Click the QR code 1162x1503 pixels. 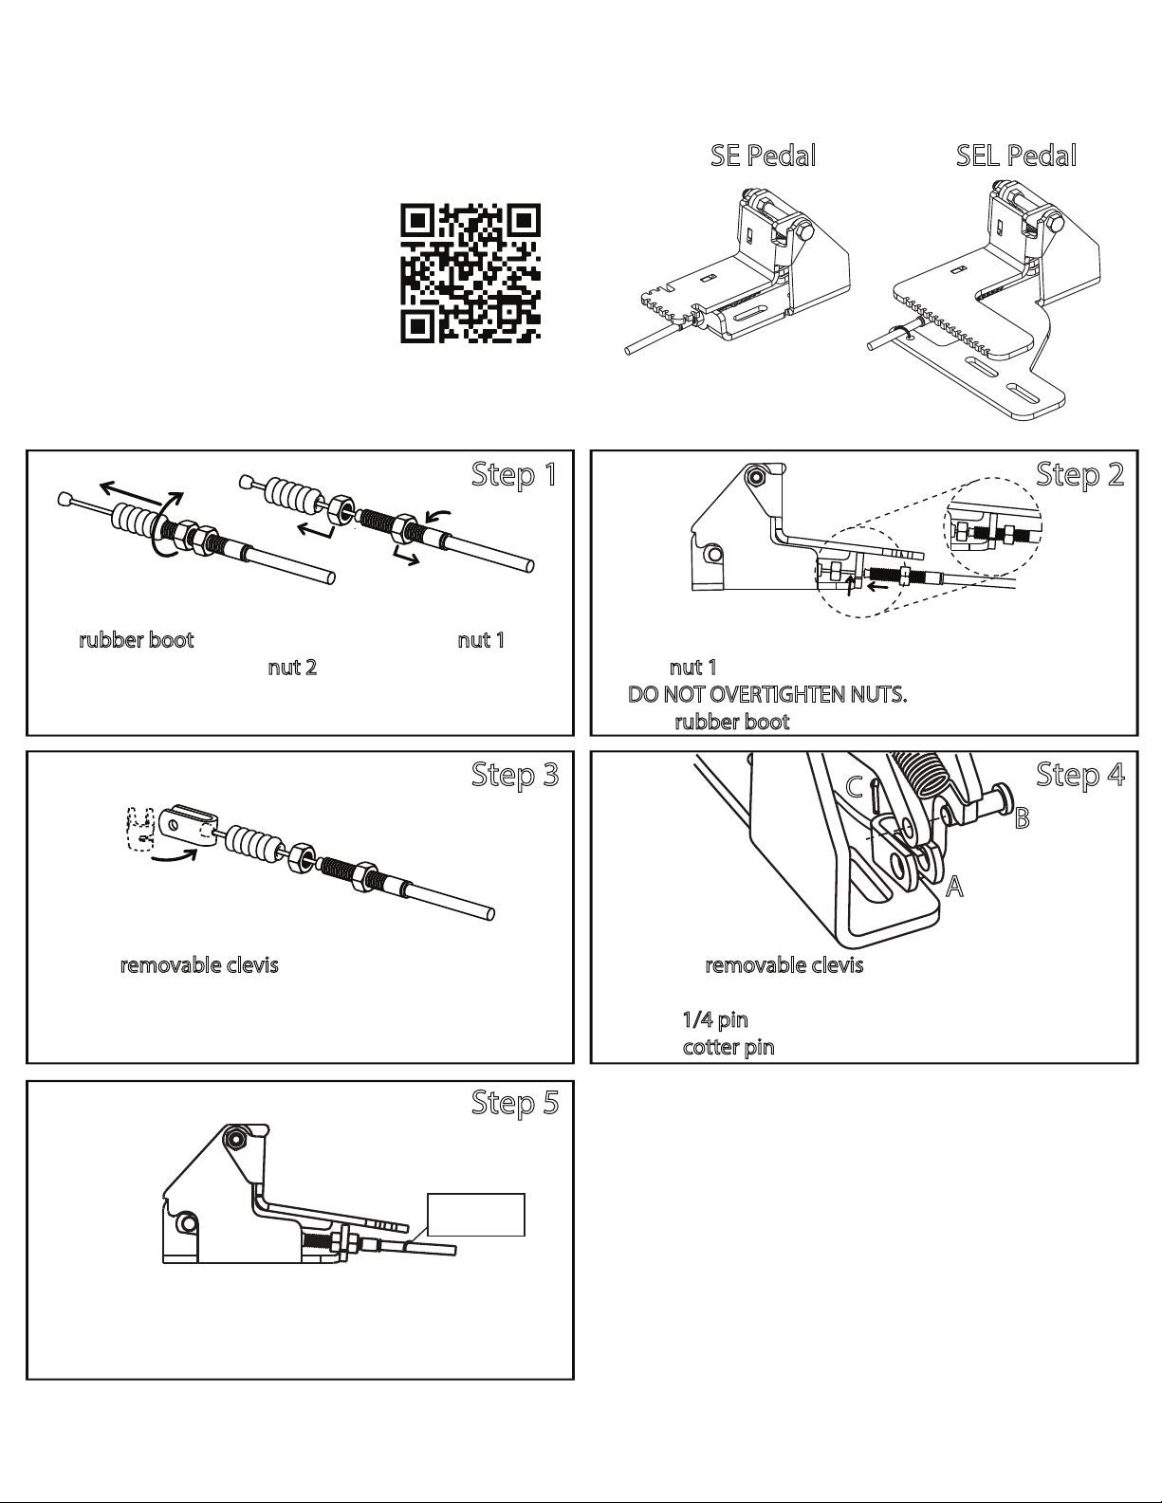pos(470,273)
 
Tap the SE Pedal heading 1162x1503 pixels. pos(764,156)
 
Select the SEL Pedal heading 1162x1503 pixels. pos(1016,156)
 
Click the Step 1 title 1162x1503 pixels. pos(514,474)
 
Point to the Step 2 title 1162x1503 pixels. pos(1079,474)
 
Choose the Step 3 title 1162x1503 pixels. pos(514,775)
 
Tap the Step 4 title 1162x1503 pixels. pos(1079,775)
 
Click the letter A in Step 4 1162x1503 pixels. pos(954,888)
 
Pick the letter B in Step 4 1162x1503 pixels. pos(1022,818)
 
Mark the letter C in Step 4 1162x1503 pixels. pos(855,787)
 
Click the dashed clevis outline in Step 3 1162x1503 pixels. pos(141,826)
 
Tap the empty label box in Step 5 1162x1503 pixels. pos(476,1215)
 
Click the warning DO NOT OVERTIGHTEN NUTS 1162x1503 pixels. pos(768,695)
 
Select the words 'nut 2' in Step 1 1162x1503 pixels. pos(292,668)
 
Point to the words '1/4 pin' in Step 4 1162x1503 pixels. pos(715,1020)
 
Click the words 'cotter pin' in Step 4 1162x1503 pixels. pos(729,1048)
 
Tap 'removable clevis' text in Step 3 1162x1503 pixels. pos(199,966)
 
